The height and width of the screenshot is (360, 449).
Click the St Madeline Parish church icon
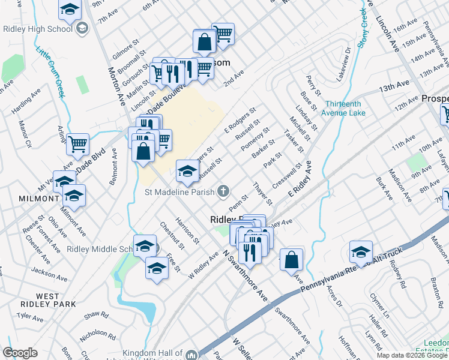(x=223, y=192)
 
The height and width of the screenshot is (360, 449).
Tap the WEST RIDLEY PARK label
(x=47, y=300)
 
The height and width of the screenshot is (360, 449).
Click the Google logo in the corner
(x=20, y=353)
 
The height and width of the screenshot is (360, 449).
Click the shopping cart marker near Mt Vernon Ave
(x=78, y=144)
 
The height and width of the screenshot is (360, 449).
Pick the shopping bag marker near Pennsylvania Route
(x=291, y=260)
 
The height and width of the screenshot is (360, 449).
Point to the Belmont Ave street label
(x=111, y=175)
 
